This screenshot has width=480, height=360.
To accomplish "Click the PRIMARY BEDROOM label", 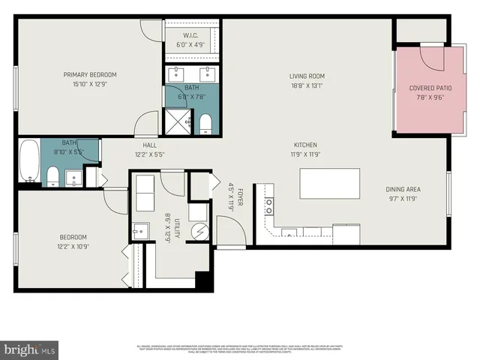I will (90, 74).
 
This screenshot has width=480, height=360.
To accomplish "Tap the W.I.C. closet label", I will (191, 35).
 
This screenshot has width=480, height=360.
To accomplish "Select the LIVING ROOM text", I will (306, 76).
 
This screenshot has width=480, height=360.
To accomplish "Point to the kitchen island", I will (329, 183).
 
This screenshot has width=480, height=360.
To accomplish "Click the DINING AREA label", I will (403, 190).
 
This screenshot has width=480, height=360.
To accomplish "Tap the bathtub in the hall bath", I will (29, 160).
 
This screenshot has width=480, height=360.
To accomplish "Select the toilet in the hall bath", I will (53, 177).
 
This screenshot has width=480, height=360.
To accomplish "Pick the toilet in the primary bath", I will (206, 123).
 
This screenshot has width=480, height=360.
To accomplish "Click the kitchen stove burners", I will (268, 202).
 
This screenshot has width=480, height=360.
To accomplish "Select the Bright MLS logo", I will (30, 349).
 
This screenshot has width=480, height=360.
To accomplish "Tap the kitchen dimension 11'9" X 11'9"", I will (305, 154).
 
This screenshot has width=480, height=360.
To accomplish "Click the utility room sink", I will (141, 230).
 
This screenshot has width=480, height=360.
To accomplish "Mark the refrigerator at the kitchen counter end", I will (346, 234).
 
